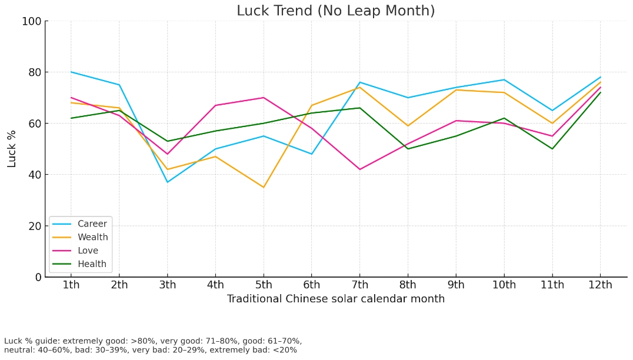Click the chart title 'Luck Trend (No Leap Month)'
tap(335, 11)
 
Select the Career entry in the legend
tap(92, 224)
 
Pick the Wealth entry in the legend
tap(92, 238)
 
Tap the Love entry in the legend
tap(88, 251)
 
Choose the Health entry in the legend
tap(92, 265)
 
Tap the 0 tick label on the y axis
tap(38, 277)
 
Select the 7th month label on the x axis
tap(359, 285)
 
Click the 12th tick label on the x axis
tap(600, 285)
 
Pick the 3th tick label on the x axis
tap(167, 285)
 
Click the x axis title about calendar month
tap(335, 299)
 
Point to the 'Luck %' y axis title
tap(12, 149)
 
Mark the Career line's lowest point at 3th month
tap(167, 182)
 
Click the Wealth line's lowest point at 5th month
tap(264, 188)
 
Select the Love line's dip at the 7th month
tap(359, 169)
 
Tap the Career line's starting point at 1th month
tap(71, 72)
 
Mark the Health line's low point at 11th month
tap(552, 149)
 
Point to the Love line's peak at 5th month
tap(264, 98)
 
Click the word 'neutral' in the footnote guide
tap(18, 350)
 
